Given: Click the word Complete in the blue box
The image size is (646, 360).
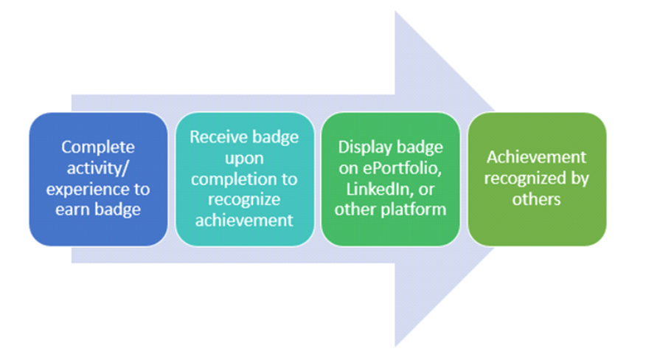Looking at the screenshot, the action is coord(98,148).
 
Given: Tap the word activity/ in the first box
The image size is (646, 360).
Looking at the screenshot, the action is coord(98,168).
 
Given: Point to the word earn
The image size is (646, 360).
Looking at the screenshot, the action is coord(72,210).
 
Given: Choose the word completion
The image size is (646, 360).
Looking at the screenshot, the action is coord(232,179).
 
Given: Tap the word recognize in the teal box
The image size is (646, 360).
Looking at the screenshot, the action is coord(244,200).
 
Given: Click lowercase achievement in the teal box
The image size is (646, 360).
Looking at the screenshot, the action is coord(244,221).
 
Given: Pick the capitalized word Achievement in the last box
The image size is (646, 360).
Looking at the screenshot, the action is coord(536,157).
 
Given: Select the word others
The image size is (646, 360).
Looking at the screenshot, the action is coord(536,200).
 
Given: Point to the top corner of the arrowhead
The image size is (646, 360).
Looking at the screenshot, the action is coord(395,11).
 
